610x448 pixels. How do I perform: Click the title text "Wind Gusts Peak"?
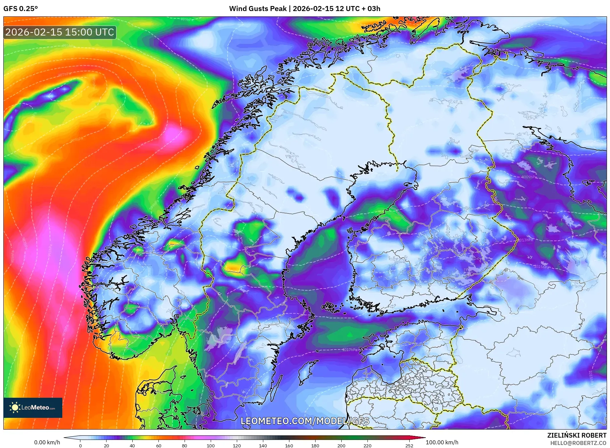(258, 9)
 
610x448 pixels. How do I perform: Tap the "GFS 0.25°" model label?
(21, 9)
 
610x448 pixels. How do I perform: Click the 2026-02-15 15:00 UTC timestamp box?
(60, 32)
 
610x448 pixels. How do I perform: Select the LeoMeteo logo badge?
(33, 407)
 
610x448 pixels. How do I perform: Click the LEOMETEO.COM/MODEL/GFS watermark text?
(305, 421)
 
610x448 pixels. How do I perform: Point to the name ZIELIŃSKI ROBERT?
(577, 435)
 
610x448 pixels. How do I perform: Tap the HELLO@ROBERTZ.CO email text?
(578, 443)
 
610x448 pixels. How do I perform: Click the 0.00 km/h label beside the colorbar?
(47, 442)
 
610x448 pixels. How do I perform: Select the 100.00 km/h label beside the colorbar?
(442, 442)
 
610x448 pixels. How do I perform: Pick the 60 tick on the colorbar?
(158, 446)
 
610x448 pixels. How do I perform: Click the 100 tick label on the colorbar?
(211, 446)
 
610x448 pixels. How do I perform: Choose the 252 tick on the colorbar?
(409, 446)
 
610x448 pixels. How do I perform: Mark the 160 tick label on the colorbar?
(289, 446)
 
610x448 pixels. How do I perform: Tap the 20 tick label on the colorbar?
(106, 446)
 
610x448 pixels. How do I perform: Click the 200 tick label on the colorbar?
(341, 446)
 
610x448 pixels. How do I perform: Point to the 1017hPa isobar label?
(349, 350)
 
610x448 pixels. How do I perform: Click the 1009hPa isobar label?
(529, 177)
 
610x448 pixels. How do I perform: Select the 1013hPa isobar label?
(525, 240)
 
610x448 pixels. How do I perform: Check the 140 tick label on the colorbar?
(263, 446)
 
